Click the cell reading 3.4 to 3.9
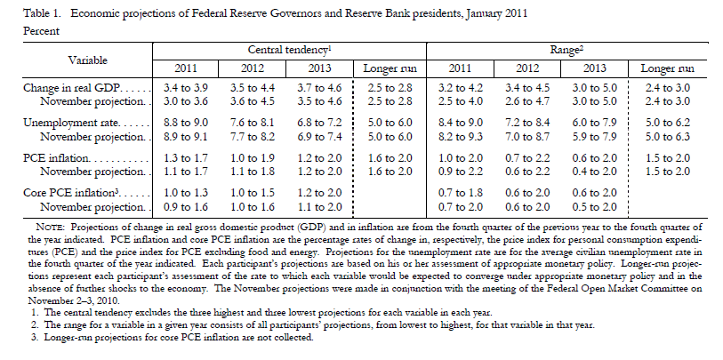point(187,89)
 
